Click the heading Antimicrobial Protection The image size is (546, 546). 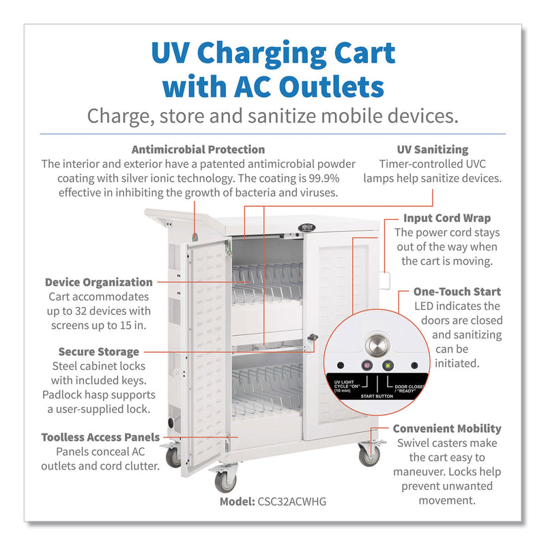198,149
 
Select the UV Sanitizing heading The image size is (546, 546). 432,149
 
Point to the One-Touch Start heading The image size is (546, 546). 457,291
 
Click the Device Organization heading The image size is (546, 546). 99,282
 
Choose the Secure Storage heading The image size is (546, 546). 99,351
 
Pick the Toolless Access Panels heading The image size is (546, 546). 100,437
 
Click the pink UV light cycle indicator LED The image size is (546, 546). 366,364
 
